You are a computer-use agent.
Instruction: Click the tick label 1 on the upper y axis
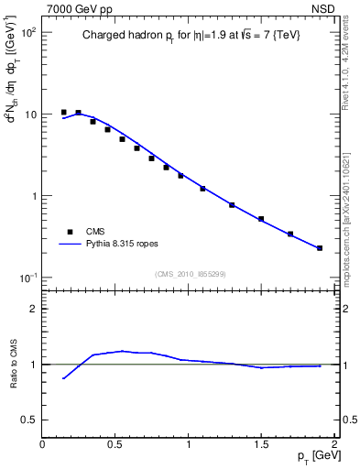[33, 196]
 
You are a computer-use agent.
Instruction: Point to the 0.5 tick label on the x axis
[115, 444]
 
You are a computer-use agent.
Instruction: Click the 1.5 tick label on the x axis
[262, 444]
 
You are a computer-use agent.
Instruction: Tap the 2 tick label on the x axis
[335, 444]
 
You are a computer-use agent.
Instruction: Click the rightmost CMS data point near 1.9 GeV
[320, 248]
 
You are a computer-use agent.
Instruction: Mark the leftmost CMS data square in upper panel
[63, 112]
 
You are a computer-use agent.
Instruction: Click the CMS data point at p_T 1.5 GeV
[261, 219]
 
